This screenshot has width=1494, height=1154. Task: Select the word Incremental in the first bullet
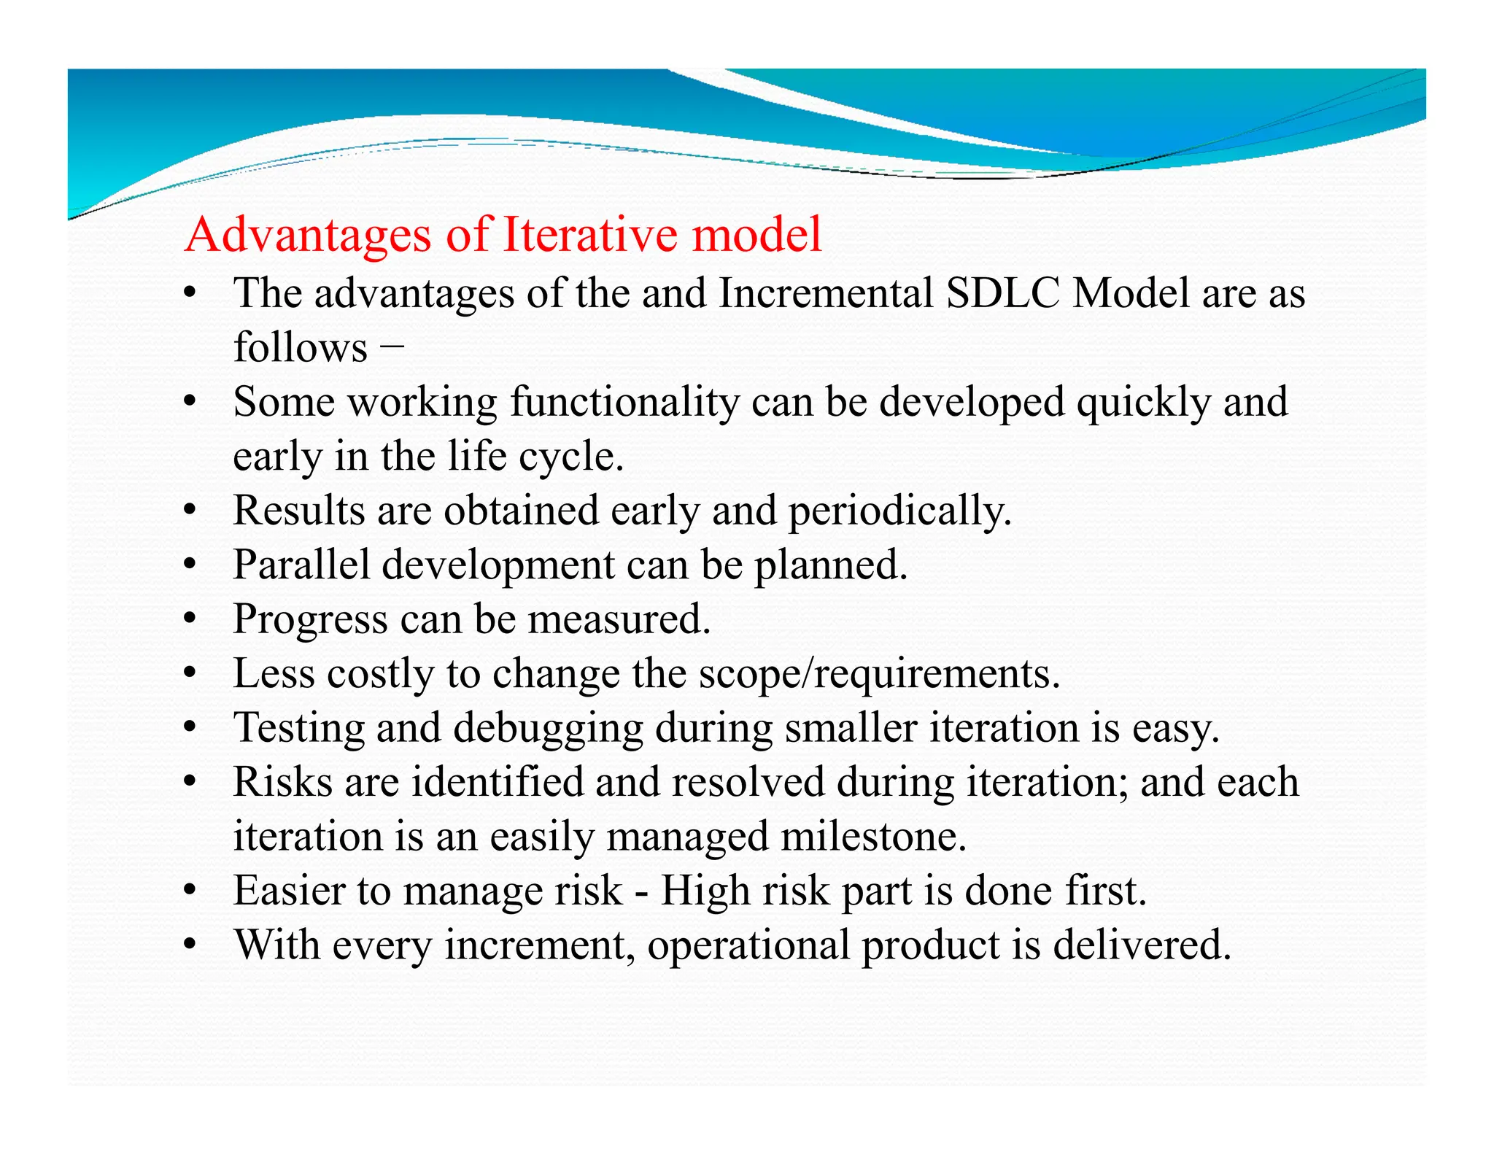coord(826,293)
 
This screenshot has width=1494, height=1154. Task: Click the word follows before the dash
coord(300,347)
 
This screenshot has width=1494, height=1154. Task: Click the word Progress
coord(310,620)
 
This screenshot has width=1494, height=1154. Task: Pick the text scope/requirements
coord(879,673)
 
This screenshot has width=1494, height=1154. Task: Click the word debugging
coord(548,728)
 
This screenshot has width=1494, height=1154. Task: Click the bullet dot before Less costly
coord(190,674)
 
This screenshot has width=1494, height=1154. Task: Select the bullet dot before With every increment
coord(190,945)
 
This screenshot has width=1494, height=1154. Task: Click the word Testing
coord(298,728)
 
